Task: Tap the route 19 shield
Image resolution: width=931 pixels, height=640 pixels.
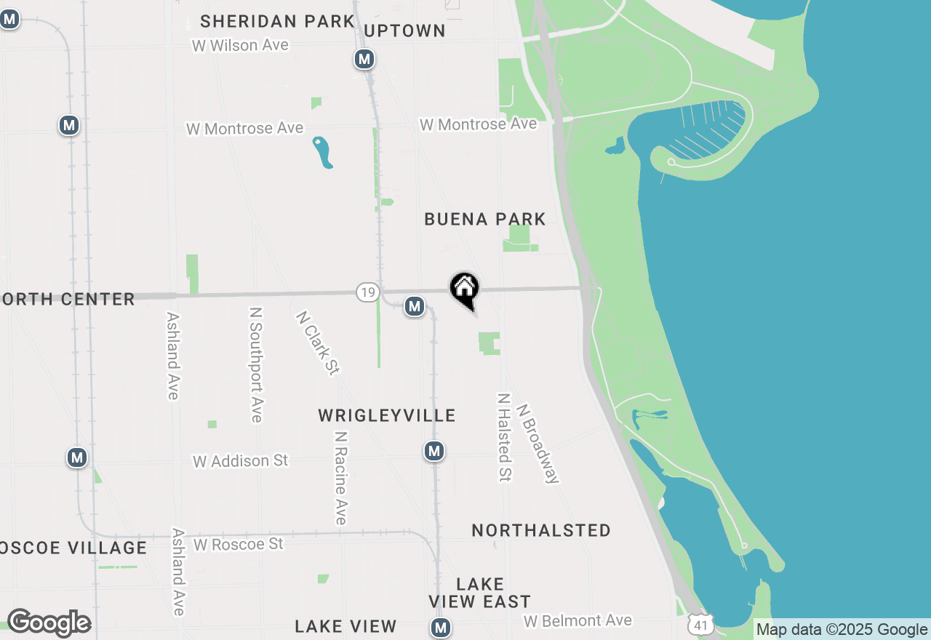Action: click(x=367, y=292)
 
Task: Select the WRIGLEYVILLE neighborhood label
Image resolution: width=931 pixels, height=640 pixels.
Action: click(x=387, y=415)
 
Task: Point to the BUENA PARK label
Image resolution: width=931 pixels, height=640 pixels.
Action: click(x=485, y=219)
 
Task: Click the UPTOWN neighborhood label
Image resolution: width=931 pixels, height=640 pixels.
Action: click(x=404, y=31)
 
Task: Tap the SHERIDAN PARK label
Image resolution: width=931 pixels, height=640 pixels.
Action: click(x=277, y=21)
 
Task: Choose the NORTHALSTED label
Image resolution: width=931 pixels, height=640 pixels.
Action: click(x=541, y=530)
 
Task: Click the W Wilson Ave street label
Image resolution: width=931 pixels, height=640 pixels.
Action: click(x=240, y=45)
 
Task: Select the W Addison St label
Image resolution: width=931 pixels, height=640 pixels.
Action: click(x=240, y=461)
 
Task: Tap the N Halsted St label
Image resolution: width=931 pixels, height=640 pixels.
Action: click(x=504, y=437)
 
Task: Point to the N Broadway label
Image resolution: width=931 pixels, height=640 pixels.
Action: click(x=538, y=444)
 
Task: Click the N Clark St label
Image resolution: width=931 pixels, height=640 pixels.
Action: click(x=318, y=343)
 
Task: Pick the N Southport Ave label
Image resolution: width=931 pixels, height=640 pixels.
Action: click(x=255, y=364)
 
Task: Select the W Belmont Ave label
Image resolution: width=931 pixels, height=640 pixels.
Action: click(x=578, y=621)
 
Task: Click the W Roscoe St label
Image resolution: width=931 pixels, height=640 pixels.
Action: click(x=238, y=544)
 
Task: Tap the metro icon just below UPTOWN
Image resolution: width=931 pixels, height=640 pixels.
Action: click(x=364, y=59)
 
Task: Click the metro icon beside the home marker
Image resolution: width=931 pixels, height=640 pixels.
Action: click(x=415, y=306)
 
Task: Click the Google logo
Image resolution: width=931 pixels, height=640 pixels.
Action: click(x=49, y=623)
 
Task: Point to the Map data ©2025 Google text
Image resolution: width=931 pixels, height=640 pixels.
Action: click(x=842, y=629)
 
